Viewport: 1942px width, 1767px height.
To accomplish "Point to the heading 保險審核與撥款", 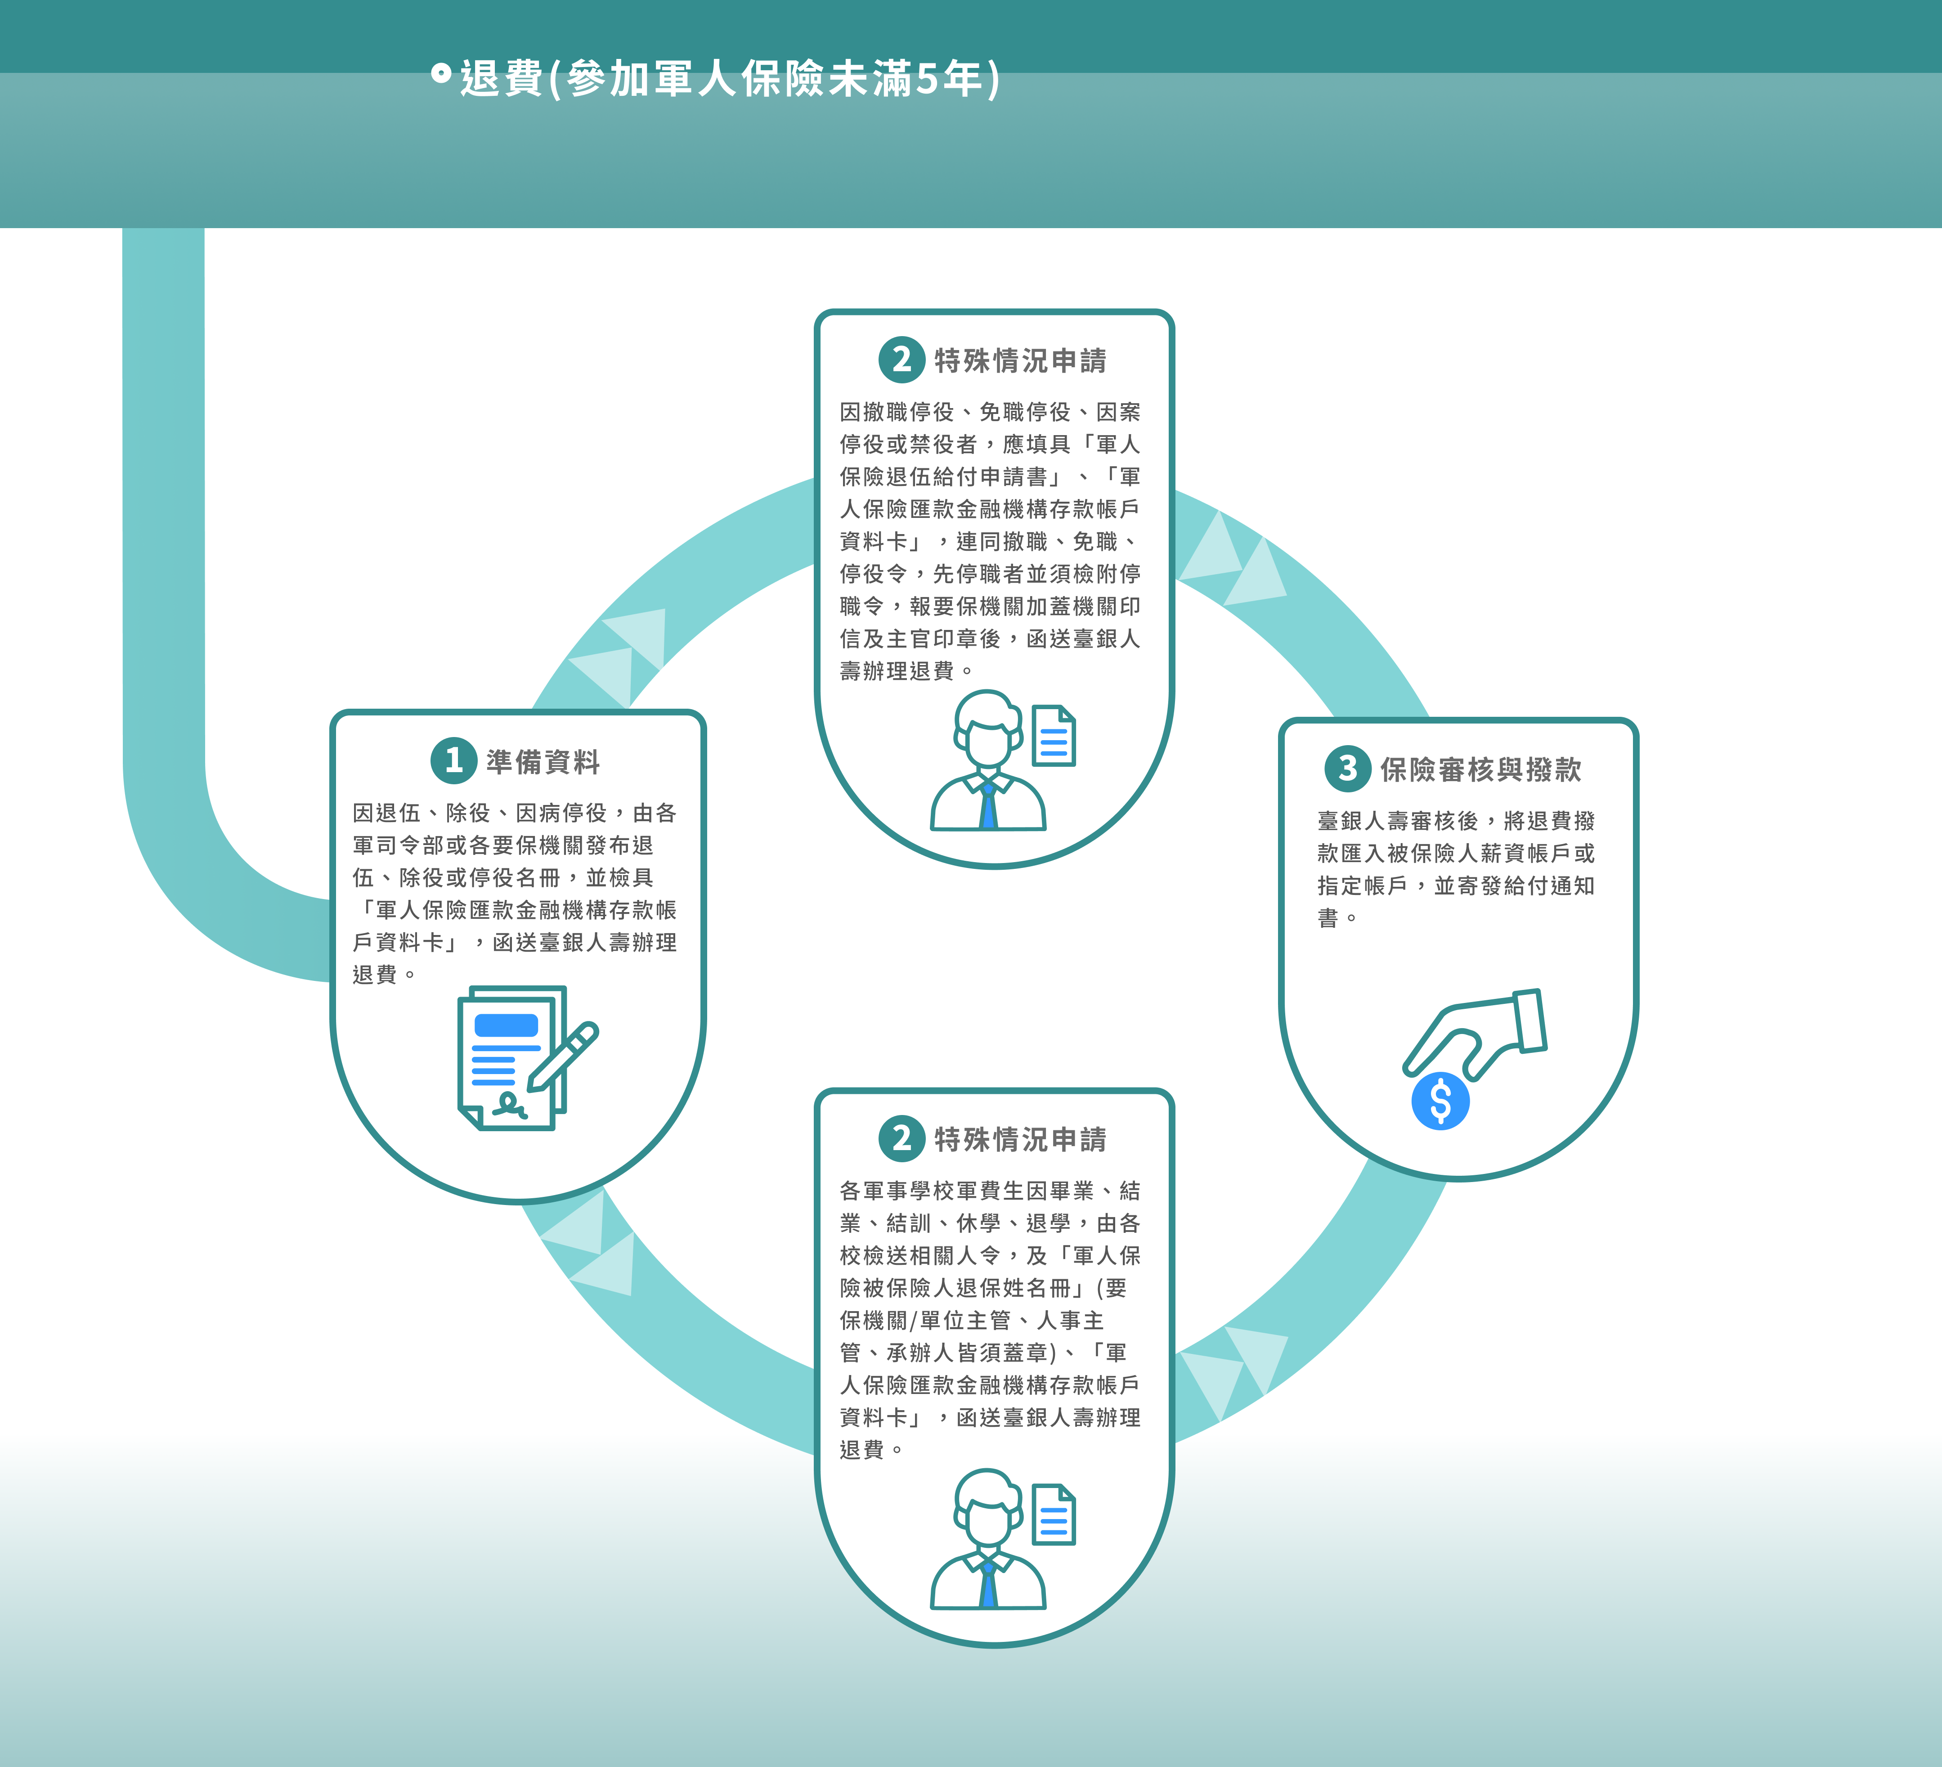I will point(1480,770).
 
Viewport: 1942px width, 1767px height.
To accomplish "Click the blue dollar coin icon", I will point(1440,1101).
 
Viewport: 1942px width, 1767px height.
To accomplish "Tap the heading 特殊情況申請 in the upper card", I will point(1020,361).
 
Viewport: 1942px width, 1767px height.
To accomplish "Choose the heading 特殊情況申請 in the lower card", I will point(1020,1140).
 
